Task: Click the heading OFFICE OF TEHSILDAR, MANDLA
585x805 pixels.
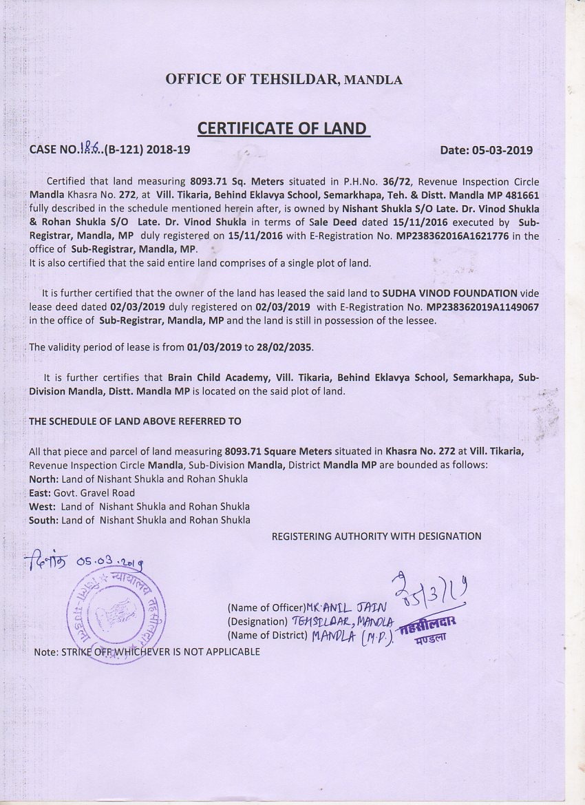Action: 284,79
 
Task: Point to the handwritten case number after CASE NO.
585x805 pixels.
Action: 90,148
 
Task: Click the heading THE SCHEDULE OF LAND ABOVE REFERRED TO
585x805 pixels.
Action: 135,420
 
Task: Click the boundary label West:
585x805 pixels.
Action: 43,506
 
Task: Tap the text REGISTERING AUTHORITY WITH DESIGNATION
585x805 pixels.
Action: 376,536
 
